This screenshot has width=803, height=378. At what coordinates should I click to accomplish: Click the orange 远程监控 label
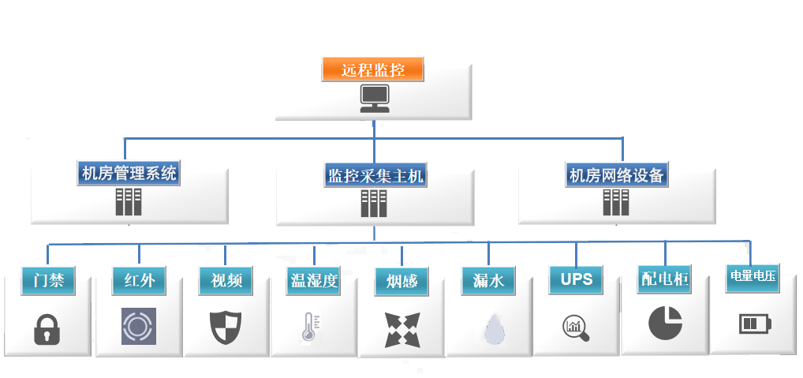point(373,69)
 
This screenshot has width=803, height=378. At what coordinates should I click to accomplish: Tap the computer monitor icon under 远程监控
point(374,96)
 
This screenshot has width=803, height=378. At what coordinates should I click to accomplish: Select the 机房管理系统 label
point(129,173)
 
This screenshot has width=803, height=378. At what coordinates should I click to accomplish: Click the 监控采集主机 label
point(375,175)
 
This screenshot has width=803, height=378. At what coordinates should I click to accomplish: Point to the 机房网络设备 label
point(618,174)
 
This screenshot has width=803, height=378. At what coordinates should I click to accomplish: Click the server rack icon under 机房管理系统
point(128,202)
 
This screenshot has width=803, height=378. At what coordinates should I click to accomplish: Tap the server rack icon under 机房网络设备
point(617,202)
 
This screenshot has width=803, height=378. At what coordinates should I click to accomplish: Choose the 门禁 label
point(49,279)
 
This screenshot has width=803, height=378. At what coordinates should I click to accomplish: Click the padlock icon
point(47,328)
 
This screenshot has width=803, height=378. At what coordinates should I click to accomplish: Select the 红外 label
point(140,279)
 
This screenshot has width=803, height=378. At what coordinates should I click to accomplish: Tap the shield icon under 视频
point(225,327)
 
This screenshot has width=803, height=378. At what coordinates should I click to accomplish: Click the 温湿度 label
point(313,281)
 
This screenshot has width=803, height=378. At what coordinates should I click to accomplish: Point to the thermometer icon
point(310,327)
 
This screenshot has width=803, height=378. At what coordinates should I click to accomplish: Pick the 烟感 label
point(401,281)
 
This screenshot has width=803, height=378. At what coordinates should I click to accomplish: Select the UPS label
point(576,279)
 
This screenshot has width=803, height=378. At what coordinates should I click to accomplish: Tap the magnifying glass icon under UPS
point(576,327)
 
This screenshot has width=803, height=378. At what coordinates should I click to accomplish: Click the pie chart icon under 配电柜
point(665,322)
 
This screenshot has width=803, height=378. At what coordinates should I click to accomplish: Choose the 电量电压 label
point(753,277)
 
